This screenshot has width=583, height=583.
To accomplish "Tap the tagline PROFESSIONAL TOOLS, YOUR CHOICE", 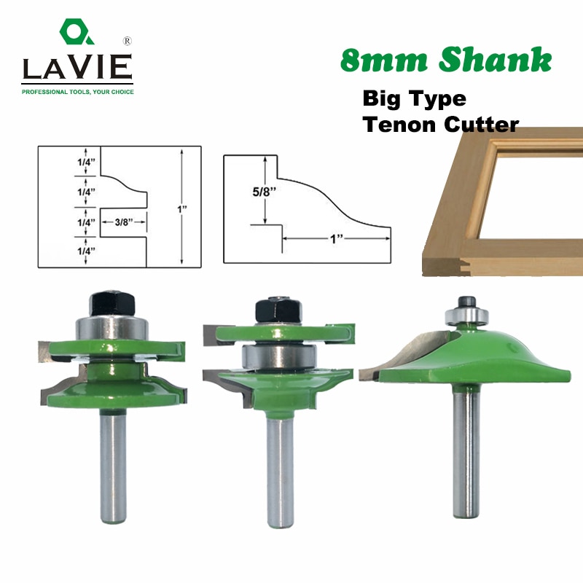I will click(77, 92).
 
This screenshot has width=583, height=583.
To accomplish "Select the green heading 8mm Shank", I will click(446, 61).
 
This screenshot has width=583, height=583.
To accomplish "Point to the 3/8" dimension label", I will click(124, 222).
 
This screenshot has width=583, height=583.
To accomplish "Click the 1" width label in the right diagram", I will click(337, 238).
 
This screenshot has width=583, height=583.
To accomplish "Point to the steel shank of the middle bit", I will click(280, 474).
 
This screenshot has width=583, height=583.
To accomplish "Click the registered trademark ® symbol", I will click(128, 39).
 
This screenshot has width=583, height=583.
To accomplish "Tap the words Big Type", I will click(414, 98).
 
